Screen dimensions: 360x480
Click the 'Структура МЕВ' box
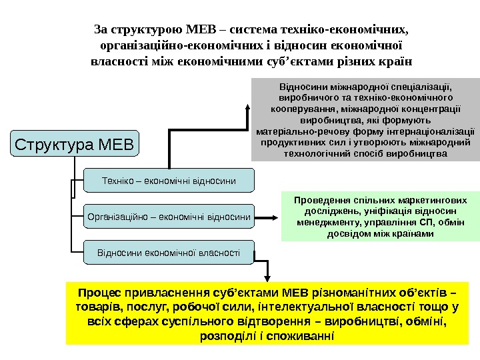[74, 143]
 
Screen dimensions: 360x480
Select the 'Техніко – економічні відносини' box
[169, 180]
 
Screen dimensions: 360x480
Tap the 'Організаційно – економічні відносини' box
[169, 216]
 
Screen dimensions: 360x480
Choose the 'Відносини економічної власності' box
[169, 253]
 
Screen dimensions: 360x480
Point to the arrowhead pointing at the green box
[275, 217]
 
